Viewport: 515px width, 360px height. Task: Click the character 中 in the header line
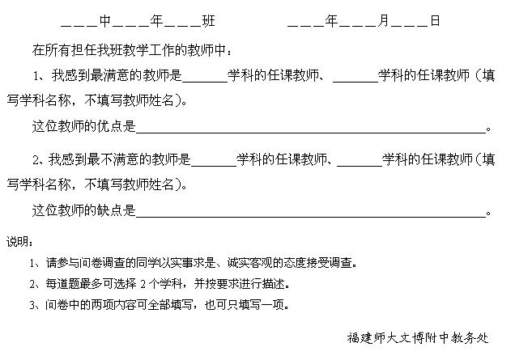pos(105,21)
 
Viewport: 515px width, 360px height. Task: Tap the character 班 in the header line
pos(209,21)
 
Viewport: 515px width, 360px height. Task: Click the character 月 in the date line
pos(383,21)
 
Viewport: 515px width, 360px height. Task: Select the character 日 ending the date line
pos(435,21)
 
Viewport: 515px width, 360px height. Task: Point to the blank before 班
pos(182,26)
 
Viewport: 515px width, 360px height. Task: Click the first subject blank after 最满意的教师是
pos(205,82)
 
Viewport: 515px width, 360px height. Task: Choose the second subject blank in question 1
pos(355,82)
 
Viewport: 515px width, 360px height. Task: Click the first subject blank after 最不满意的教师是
pos(214,166)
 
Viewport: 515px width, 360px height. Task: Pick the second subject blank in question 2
pos(360,166)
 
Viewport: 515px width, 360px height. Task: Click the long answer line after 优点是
pos(311,132)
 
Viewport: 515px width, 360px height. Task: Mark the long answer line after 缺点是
pos(311,216)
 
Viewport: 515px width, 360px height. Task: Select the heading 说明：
pos(19,242)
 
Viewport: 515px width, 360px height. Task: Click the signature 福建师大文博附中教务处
pos(418,337)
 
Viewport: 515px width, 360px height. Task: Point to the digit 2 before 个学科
pos(143,284)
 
